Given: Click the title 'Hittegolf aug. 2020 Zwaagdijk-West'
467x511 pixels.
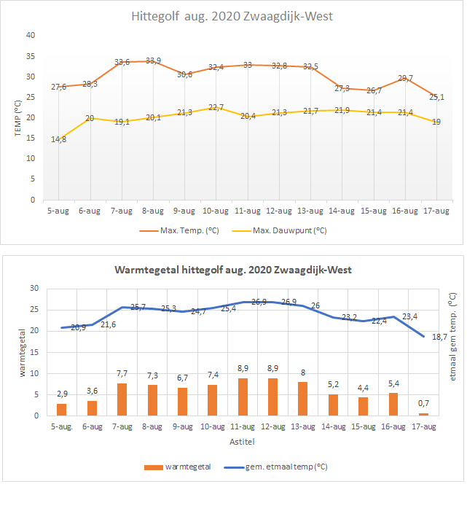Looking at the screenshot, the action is tap(232, 16).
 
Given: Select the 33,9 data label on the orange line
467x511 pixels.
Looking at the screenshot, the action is tap(153, 61).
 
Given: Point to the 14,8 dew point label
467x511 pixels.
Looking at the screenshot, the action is tap(58, 139).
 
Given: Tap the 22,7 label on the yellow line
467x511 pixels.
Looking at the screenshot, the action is tap(216, 107).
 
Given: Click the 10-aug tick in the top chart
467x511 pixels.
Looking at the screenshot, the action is tap(216, 211).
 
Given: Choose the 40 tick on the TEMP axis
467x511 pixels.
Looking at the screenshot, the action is tap(31, 35).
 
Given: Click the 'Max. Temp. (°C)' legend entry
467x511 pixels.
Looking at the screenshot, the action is tap(179, 231).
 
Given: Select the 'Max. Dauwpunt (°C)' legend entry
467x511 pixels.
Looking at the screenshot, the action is tap(280, 231).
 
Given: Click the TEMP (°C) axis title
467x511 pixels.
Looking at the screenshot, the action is tap(17, 118).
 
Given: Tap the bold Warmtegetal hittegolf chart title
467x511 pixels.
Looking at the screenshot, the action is tap(233, 270).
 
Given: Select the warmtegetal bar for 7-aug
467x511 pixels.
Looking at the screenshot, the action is tap(122, 399).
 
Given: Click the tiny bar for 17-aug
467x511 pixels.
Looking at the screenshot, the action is tap(424, 415).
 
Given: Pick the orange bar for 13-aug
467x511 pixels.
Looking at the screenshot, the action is tap(303, 399).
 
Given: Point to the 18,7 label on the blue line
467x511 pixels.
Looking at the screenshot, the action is tap(439, 337).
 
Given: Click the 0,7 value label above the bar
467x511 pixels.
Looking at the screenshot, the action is tap(423, 403).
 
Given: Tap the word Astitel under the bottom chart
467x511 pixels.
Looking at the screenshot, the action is tap(242, 442).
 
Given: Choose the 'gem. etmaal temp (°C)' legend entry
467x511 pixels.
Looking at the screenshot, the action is tap(275, 467).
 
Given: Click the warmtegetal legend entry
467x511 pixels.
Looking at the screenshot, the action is tap(178, 467).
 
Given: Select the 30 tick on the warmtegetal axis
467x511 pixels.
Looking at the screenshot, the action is tap(34, 288).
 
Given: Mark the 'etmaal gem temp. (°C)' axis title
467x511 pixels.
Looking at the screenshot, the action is tap(452, 337).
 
